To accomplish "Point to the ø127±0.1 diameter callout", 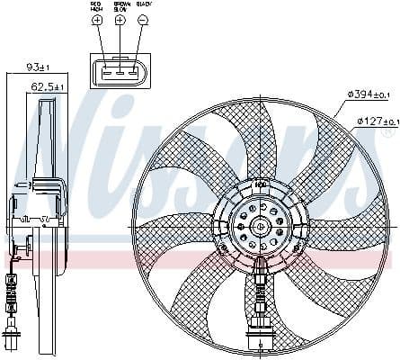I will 378,121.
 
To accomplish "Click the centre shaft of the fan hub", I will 259,228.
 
